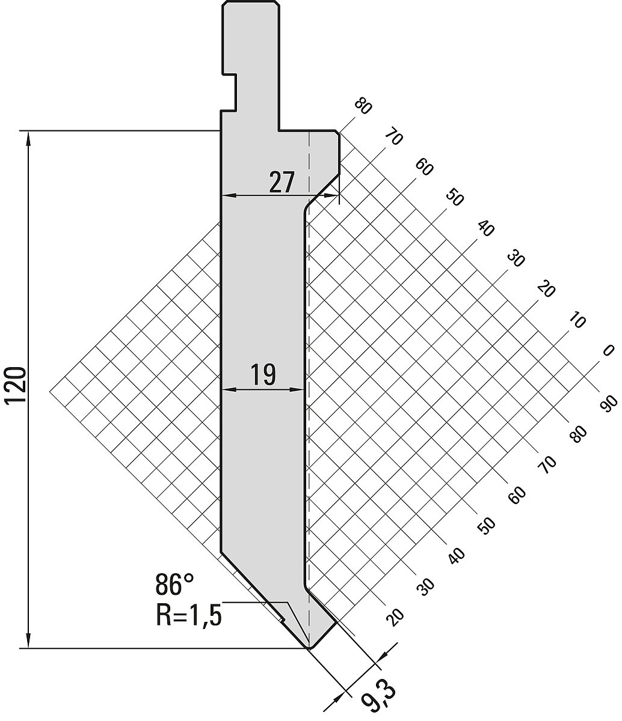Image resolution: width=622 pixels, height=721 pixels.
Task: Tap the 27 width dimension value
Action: [x=282, y=182]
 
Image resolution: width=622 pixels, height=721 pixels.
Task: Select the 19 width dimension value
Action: [x=263, y=375]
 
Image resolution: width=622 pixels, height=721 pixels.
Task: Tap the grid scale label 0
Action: [x=608, y=350]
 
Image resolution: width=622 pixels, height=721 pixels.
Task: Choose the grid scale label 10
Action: [x=577, y=321]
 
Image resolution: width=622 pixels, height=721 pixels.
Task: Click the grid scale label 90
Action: [x=608, y=404]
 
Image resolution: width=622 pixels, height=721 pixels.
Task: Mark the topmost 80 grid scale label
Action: [x=363, y=106]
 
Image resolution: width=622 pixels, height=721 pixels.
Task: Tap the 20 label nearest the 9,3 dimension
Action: [x=395, y=618]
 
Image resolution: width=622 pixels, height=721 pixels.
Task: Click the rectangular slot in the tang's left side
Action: [x=229, y=93]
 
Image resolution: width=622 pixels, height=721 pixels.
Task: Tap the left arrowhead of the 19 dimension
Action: [x=229, y=389]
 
